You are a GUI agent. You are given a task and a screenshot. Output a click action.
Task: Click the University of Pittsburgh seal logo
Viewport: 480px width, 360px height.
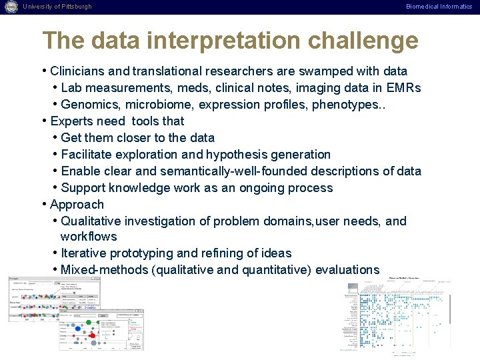[x=10, y=7]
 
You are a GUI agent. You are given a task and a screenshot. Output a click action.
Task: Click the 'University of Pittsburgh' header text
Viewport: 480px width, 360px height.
[x=57, y=7]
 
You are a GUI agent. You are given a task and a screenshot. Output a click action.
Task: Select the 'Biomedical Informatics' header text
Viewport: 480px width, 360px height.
[x=439, y=7]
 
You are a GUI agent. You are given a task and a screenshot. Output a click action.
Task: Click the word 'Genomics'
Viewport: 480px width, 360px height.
[x=86, y=105]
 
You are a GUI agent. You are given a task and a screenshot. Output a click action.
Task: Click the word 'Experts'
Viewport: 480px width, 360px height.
[x=71, y=121]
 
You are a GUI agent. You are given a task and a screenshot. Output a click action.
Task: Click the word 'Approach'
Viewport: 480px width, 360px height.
[x=77, y=205]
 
